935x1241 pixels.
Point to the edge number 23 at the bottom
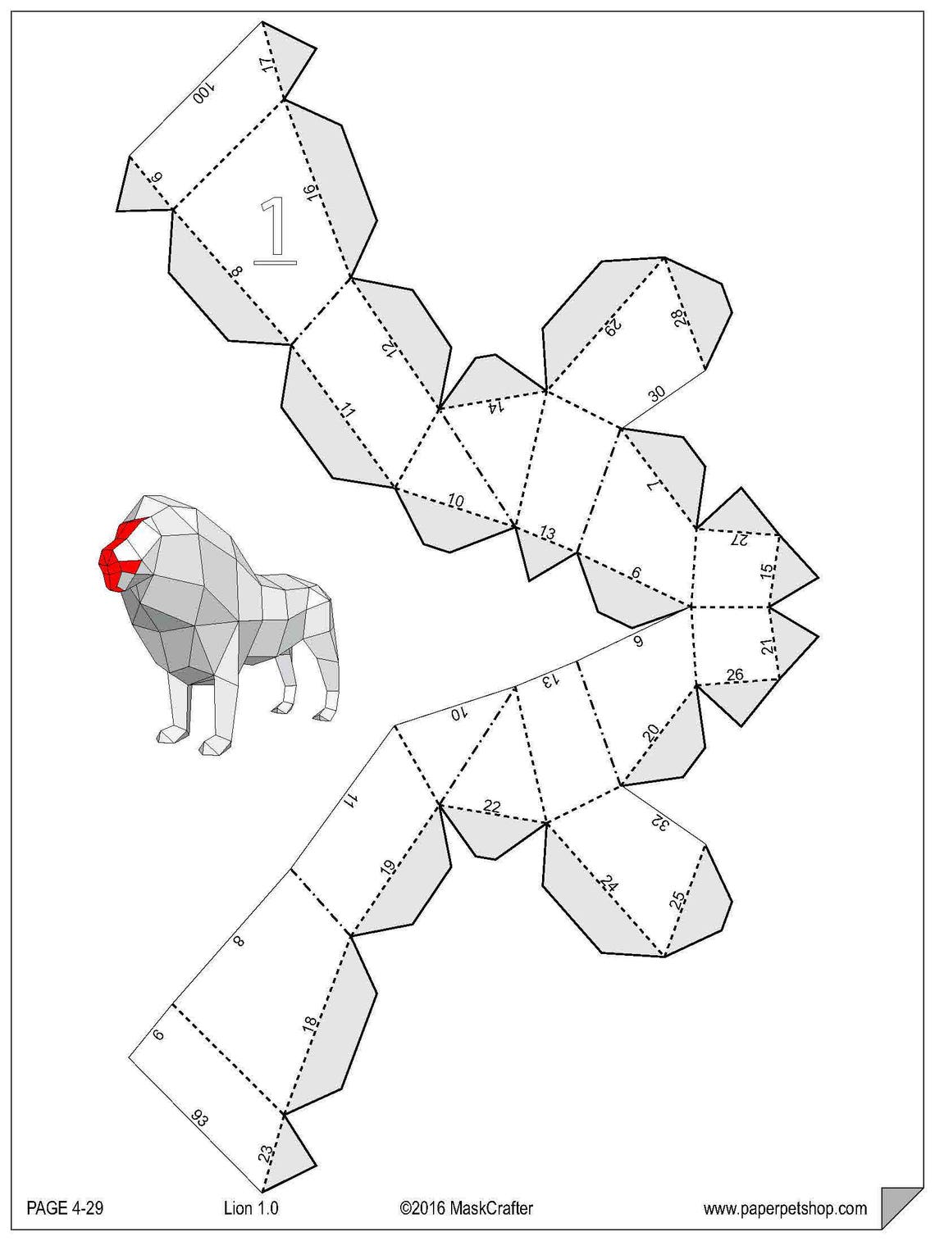point(266,1152)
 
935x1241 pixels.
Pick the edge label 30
point(657,393)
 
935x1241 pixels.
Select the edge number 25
point(677,899)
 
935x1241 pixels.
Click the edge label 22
point(491,807)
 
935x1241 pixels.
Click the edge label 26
point(735,675)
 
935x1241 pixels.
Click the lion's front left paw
point(215,744)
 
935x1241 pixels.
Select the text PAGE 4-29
point(65,1207)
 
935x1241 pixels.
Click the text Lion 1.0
point(251,1207)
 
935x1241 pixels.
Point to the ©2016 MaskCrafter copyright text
point(466,1207)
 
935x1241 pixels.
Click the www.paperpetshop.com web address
point(785,1208)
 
